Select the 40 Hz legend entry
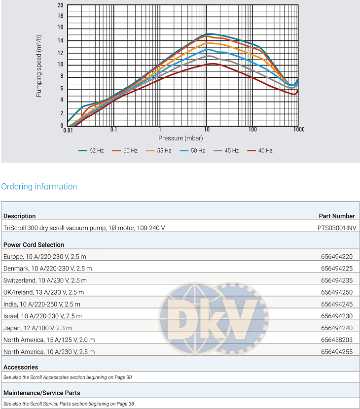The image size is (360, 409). click(260, 151)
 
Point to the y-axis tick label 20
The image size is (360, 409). click(60, 5)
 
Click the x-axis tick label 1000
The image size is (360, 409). click(298, 130)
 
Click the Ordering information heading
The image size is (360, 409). click(39, 187)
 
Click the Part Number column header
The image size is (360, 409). click(337, 216)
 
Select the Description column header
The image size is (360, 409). click(19, 216)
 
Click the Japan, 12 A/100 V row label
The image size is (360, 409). click(37, 328)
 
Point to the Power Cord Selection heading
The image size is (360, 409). click(34, 244)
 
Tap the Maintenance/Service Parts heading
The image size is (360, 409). click(41, 393)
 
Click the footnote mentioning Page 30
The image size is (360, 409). click(68, 377)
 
